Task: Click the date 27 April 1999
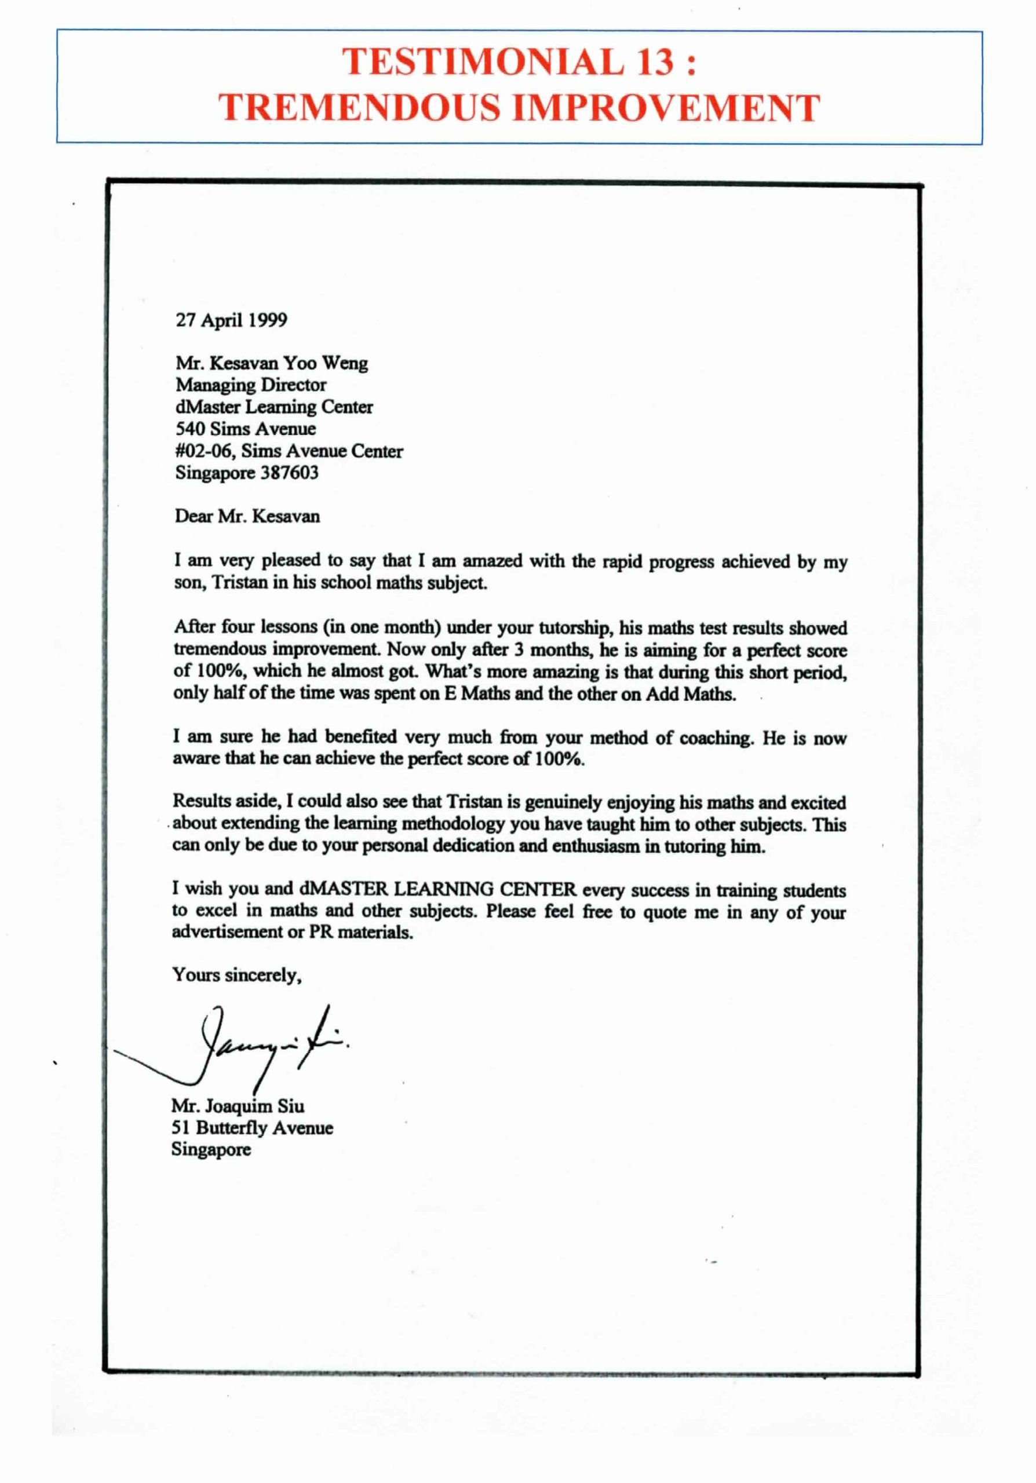(231, 320)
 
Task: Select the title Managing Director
(251, 385)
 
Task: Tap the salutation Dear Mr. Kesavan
(247, 517)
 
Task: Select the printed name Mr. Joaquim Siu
(237, 1106)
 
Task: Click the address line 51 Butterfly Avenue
(252, 1128)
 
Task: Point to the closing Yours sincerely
(236, 976)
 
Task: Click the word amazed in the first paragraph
(493, 561)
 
